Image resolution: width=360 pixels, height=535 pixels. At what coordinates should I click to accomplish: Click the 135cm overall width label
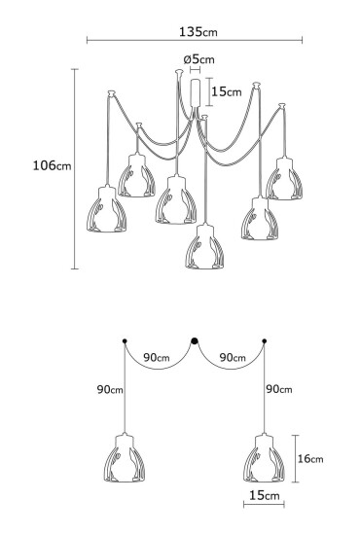point(198,30)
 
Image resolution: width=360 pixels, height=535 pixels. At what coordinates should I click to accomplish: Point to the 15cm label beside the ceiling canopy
point(227,91)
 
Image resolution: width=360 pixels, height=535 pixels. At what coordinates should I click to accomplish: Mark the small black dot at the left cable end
point(124,340)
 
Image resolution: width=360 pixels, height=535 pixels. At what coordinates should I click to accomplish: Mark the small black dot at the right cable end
point(265,340)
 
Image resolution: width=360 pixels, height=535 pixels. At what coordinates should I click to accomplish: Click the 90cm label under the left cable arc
point(158,357)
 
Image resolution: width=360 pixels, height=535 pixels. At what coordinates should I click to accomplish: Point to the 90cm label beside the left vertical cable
point(110,389)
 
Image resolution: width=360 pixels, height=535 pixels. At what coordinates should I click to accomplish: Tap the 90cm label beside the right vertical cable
point(279,389)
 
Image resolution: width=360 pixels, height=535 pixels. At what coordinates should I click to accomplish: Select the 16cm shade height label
point(310,458)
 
